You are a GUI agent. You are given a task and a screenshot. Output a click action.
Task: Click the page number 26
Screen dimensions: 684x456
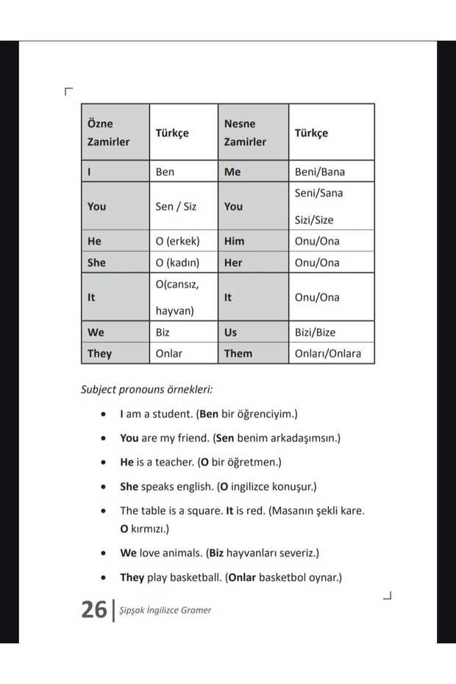tap(94, 610)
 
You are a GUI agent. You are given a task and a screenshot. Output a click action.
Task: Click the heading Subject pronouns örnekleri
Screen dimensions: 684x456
tap(152, 389)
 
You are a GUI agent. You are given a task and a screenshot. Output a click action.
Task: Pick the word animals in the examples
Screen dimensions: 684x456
tap(182, 552)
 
